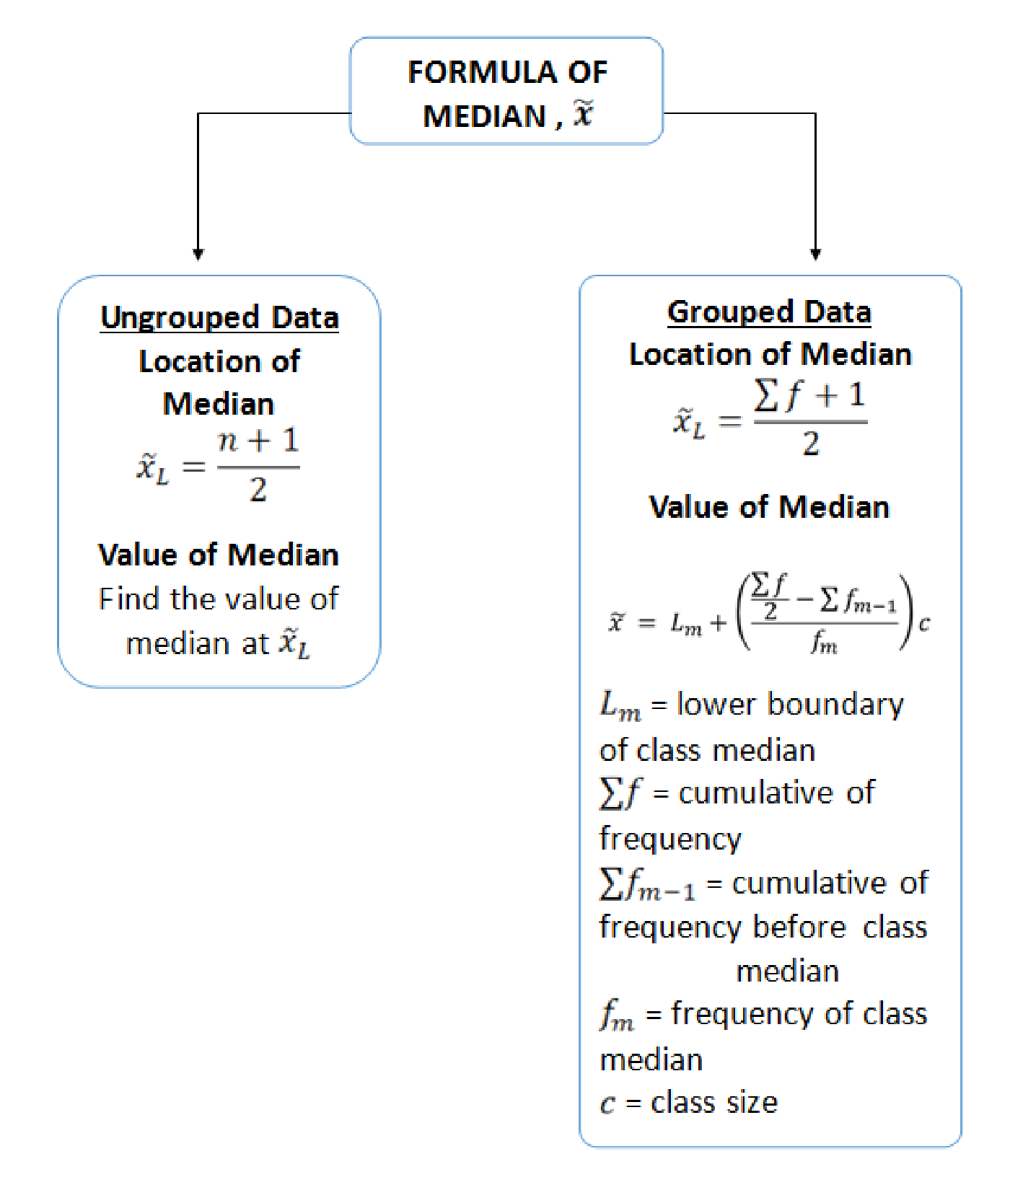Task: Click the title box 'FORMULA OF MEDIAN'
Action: click(x=506, y=91)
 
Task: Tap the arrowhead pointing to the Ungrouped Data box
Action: click(x=198, y=254)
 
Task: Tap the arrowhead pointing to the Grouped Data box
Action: click(x=816, y=254)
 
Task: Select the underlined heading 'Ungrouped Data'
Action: click(x=220, y=318)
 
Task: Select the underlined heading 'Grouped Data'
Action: click(x=770, y=312)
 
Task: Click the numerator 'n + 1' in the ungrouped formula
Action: click(x=258, y=441)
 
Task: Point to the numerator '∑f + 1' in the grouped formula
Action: click(x=809, y=396)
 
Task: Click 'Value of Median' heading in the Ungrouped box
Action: click(x=219, y=555)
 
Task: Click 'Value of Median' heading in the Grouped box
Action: click(x=770, y=507)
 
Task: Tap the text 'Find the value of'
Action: click(x=219, y=599)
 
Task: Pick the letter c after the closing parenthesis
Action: click(x=924, y=623)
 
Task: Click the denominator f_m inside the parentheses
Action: click(x=824, y=640)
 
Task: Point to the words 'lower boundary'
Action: click(x=790, y=705)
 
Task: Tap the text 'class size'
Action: click(x=714, y=1103)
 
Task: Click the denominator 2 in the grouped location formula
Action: click(x=811, y=444)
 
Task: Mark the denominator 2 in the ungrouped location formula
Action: click(x=258, y=490)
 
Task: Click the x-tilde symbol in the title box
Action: click(x=583, y=114)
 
